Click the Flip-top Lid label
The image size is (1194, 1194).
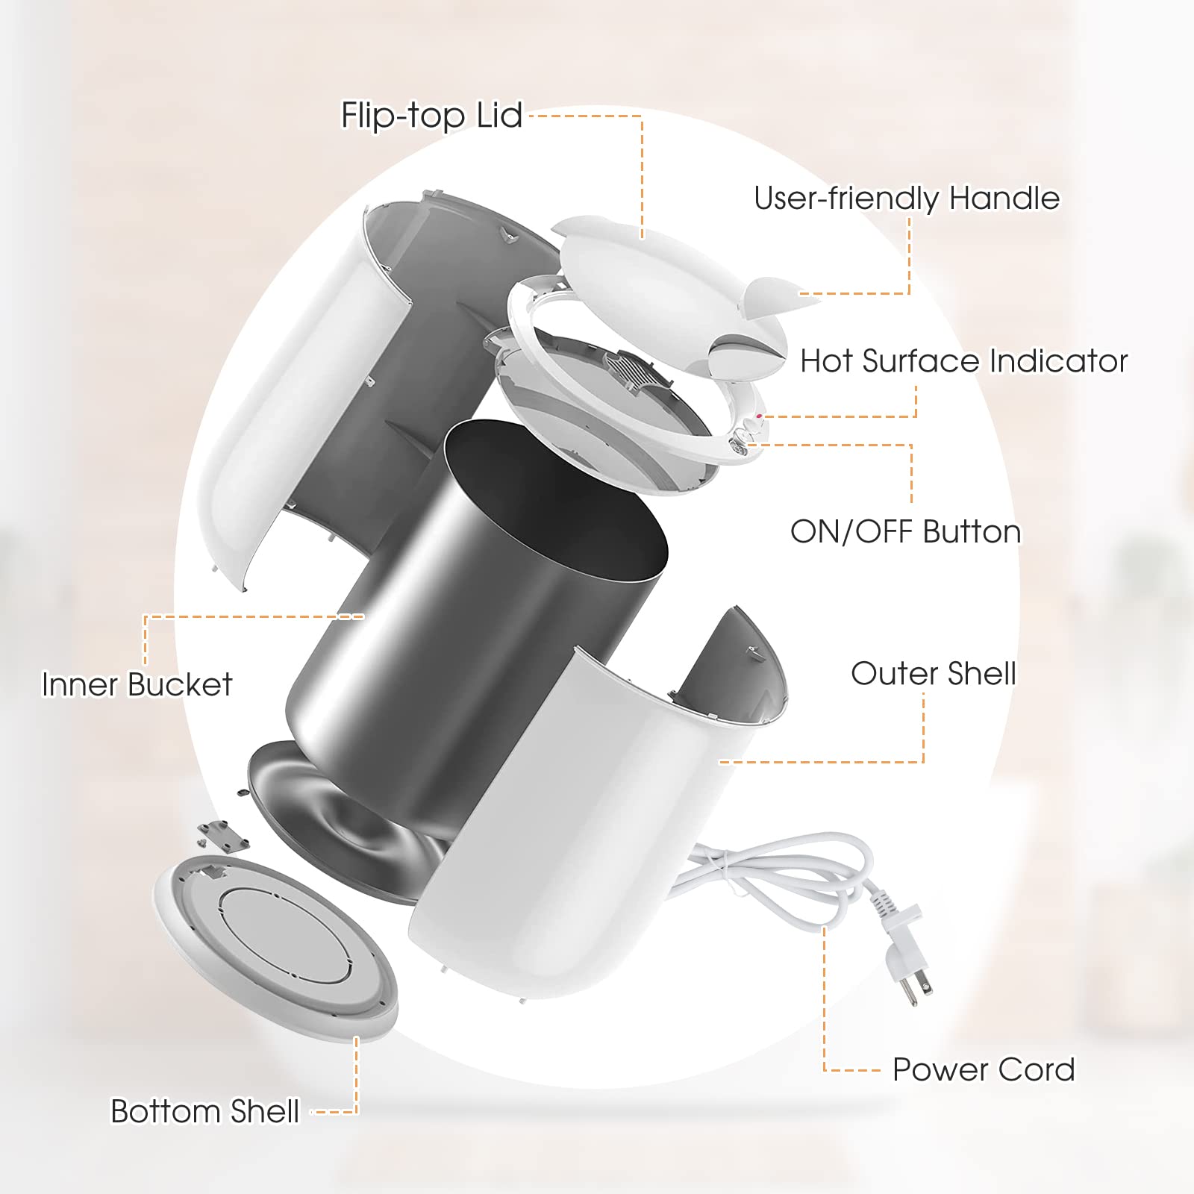pos(431,116)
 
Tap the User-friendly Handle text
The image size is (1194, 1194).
pos(906,199)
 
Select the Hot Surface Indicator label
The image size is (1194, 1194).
pos(963,361)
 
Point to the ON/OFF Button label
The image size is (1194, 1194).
pos(905,532)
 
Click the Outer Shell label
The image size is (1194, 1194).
pos(933,673)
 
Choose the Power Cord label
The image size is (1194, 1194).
pos(984,1069)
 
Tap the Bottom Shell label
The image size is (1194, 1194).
pos(204,1111)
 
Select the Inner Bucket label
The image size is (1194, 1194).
pos(137,684)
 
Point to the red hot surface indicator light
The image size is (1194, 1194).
pos(760,416)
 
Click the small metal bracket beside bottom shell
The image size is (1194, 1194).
pos(224,836)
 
